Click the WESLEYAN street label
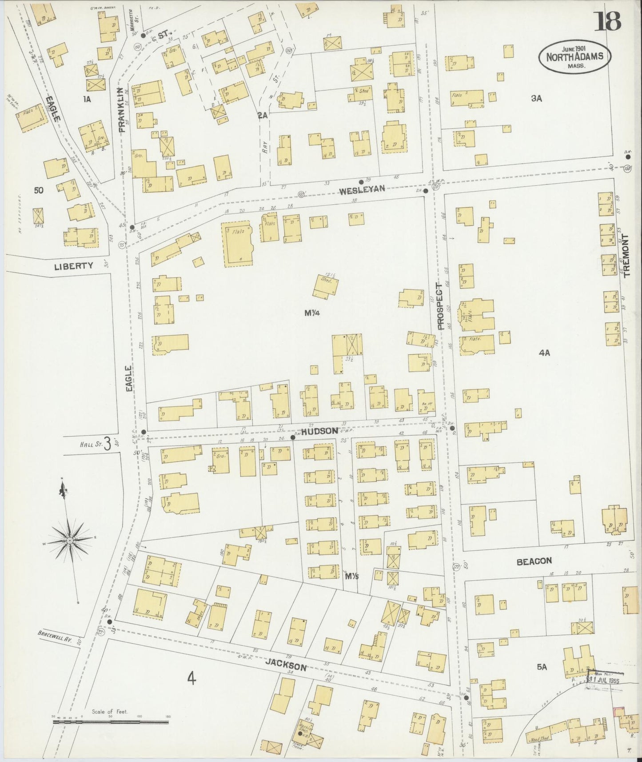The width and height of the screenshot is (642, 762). coord(362,190)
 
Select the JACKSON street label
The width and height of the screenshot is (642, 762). coord(286,666)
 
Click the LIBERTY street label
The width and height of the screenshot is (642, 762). coord(74,266)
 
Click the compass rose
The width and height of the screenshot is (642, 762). coord(70,540)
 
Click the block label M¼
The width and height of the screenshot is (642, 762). coord(312,313)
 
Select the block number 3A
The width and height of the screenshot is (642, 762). coord(537,99)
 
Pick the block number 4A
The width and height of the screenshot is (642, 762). coord(544,353)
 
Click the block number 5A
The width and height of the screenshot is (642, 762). coord(541,666)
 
